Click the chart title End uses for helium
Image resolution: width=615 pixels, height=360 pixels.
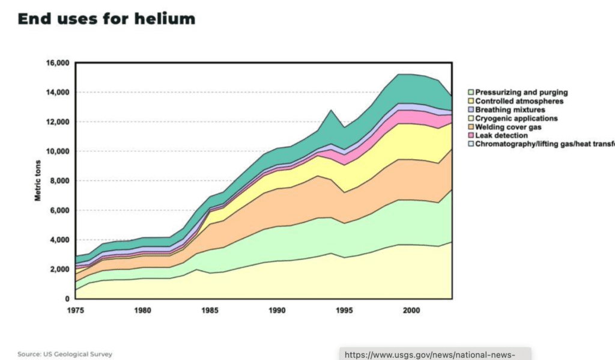[106, 19]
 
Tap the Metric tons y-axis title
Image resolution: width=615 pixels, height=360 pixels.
[37, 181]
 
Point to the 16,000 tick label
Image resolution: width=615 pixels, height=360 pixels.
[58, 63]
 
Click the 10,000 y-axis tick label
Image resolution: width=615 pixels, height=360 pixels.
[58, 151]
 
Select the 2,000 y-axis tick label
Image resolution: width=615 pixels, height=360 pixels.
[60, 269]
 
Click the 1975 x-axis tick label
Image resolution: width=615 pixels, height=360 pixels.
[75, 311]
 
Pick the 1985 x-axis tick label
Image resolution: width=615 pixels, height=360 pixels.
[210, 311]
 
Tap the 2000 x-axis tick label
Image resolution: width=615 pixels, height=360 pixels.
[411, 311]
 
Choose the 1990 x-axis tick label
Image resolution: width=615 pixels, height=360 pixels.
[277, 311]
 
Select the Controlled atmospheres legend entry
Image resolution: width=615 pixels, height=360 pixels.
[520, 101]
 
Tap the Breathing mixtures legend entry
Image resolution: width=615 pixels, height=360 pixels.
[510, 110]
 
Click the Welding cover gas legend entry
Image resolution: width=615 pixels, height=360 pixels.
[508, 127]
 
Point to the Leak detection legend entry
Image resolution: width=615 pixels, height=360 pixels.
[501, 136]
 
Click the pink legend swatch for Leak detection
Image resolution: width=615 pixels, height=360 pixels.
[471, 136]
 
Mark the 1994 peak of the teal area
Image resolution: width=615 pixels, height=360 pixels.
[330, 111]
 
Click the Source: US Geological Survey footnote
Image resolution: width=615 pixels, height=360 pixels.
[65, 354]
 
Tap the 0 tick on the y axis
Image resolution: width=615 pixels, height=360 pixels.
[67, 299]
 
